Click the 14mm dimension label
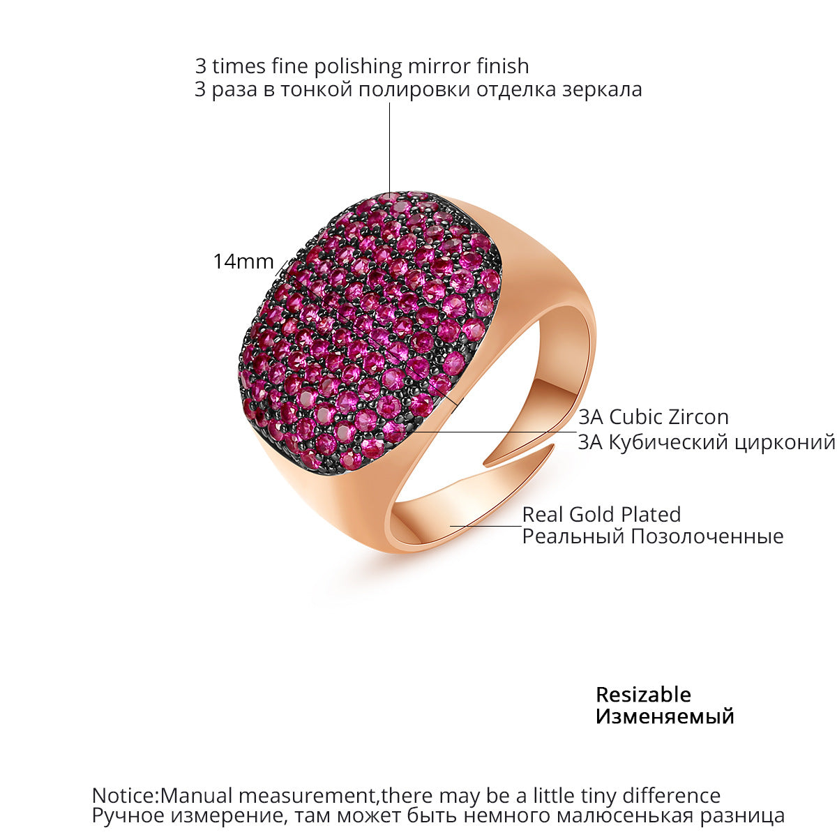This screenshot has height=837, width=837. [243, 262]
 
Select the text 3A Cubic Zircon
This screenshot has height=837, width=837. [653, 417]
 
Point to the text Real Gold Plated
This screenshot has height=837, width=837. [601, 515]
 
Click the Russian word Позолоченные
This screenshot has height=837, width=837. [707, 536]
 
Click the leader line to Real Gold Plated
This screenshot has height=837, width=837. [485, 526]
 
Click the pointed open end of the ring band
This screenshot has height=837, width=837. [555, 445]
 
